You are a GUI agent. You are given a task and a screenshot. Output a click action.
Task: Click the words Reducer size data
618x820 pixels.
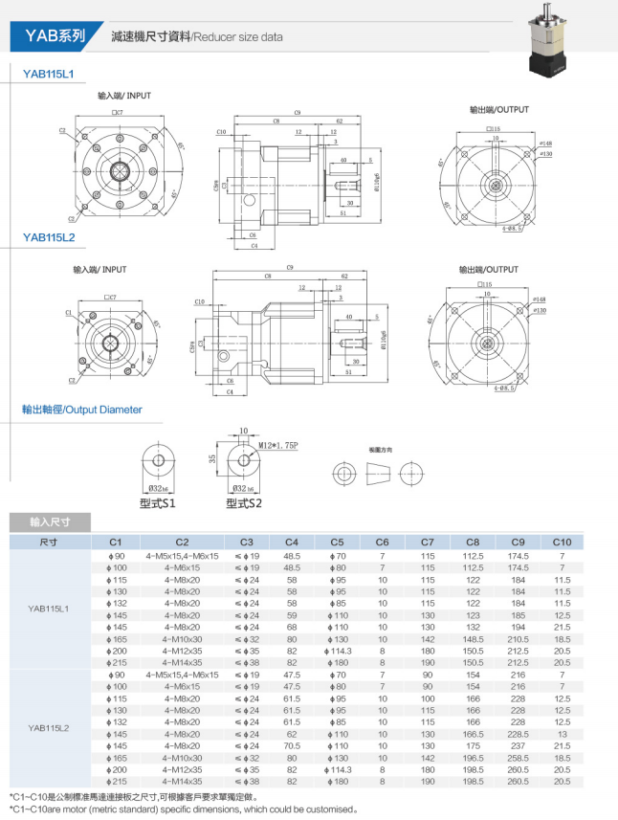point(238,37)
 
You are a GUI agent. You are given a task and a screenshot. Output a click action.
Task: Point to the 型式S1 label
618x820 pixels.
point(157,501)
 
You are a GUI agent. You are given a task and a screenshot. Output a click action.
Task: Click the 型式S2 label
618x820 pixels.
point(245,501)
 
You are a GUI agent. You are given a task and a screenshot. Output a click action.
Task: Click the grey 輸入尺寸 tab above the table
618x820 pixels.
point(51,522)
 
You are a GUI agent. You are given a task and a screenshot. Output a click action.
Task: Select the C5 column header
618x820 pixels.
point(336,542)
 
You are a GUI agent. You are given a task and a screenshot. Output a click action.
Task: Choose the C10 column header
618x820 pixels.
point(562,542)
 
